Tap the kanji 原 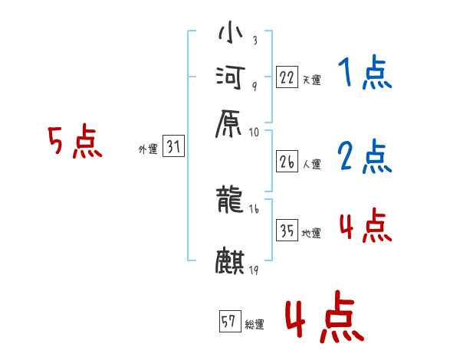coord(230,123)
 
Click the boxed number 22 coord(287,77)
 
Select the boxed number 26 coord(287,162)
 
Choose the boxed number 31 coord(173,148)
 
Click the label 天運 coord(312,80)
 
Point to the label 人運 coord(312,164)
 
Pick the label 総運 coord(255,324)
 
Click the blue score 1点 coord(364,74)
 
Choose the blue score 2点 coord(364,156)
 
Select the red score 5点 coord(75,142)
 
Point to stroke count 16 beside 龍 coord(255,209)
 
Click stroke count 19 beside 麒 coord(253,270)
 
